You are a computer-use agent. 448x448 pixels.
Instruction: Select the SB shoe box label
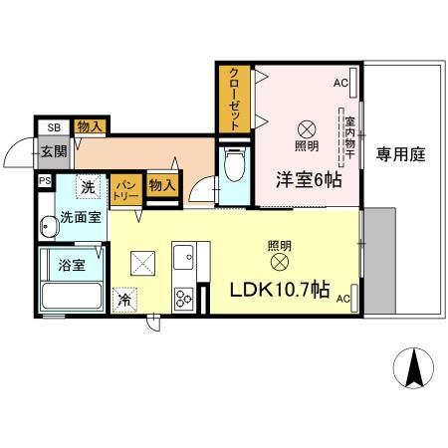pos(53,126)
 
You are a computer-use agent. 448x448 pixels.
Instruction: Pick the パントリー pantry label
pos(125,186)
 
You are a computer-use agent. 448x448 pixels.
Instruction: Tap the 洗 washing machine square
pos(88,186)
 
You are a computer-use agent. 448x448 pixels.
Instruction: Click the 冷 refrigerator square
pos(124,299)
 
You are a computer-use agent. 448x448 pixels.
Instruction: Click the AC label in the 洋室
pos(339,82)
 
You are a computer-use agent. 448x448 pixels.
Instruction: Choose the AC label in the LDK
pos(342,298)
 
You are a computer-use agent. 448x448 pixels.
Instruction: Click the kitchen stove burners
pos(183,297)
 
